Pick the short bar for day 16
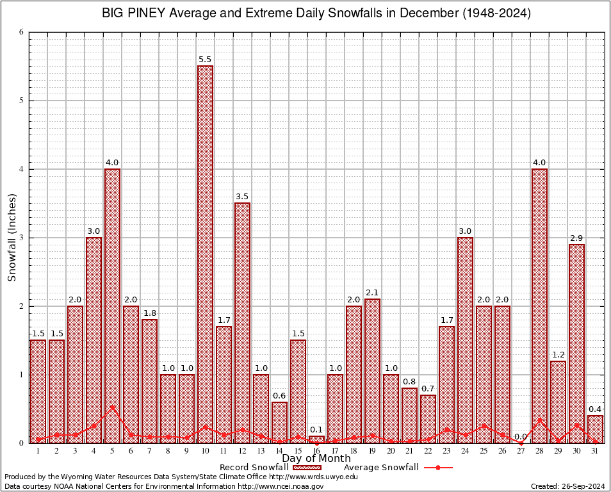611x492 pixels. point(316,439)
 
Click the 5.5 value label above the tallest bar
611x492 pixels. point(205,60)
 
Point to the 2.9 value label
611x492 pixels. point(576,238)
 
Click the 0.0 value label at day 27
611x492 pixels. point(521,436)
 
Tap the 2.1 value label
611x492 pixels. point(372,293)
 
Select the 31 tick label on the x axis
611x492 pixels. point(595,451)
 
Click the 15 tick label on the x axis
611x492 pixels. point(298,451)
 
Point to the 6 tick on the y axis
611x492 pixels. point(21,32)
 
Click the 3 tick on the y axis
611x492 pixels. point(21,238)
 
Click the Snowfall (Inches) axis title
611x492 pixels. point(12,238)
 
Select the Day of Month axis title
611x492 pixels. point(316,459)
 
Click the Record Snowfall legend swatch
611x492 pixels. point(306,468)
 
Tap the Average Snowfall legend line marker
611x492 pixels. point(437,468)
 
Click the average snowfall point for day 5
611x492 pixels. point(112,407)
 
